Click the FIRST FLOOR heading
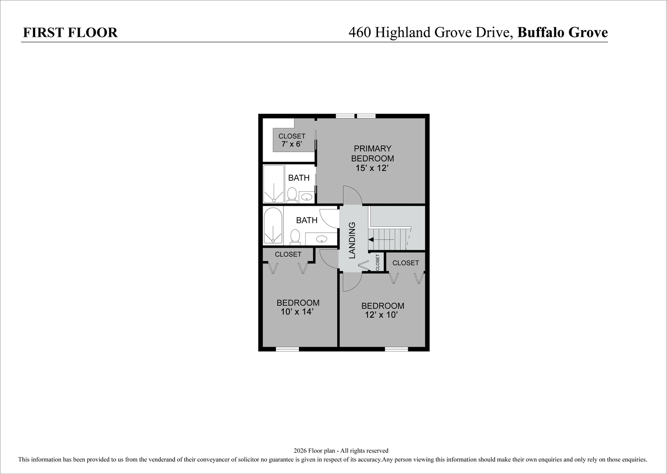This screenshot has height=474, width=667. point(70,32)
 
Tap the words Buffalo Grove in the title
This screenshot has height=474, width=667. point(563,32)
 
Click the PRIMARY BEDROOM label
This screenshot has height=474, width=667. point(372,153)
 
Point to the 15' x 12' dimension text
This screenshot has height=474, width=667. point(372,168)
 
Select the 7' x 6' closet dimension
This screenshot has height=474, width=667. point(292,144)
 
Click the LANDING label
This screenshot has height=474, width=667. point(352,240)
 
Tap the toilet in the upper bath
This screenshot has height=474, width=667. point(292,195)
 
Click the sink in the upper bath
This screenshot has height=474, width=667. point(307,197)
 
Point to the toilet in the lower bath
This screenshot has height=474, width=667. point(296,237)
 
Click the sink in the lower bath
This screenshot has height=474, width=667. point(321,239)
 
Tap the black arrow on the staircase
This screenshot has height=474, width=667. point(371,239)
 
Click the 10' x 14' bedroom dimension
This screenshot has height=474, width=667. point(298,312)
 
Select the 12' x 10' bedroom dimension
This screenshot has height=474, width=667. point(382,315)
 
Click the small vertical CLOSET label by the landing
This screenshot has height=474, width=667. point(378,262)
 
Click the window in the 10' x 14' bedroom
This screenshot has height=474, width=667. point(287,349)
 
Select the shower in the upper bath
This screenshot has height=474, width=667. point(274,184)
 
